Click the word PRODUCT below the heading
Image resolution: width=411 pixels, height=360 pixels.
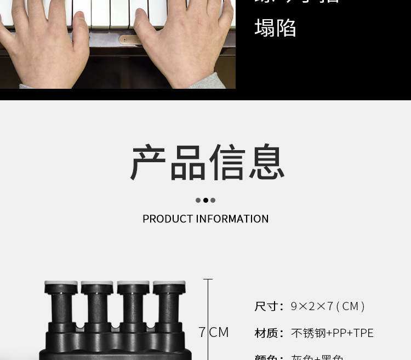168,219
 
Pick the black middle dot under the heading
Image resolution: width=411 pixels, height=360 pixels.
206,201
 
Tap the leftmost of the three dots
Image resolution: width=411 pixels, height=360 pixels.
198,201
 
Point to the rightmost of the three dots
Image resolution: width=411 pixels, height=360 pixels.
213,201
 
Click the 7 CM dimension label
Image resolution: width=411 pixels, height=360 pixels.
213,332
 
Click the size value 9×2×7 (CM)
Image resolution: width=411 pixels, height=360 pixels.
328,306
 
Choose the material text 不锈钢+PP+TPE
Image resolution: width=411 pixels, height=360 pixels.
332,333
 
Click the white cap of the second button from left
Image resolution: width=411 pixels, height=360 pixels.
97,285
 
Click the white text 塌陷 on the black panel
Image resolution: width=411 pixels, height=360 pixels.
275,28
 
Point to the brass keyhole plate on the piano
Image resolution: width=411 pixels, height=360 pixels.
128,39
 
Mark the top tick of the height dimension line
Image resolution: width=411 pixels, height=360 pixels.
208,279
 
